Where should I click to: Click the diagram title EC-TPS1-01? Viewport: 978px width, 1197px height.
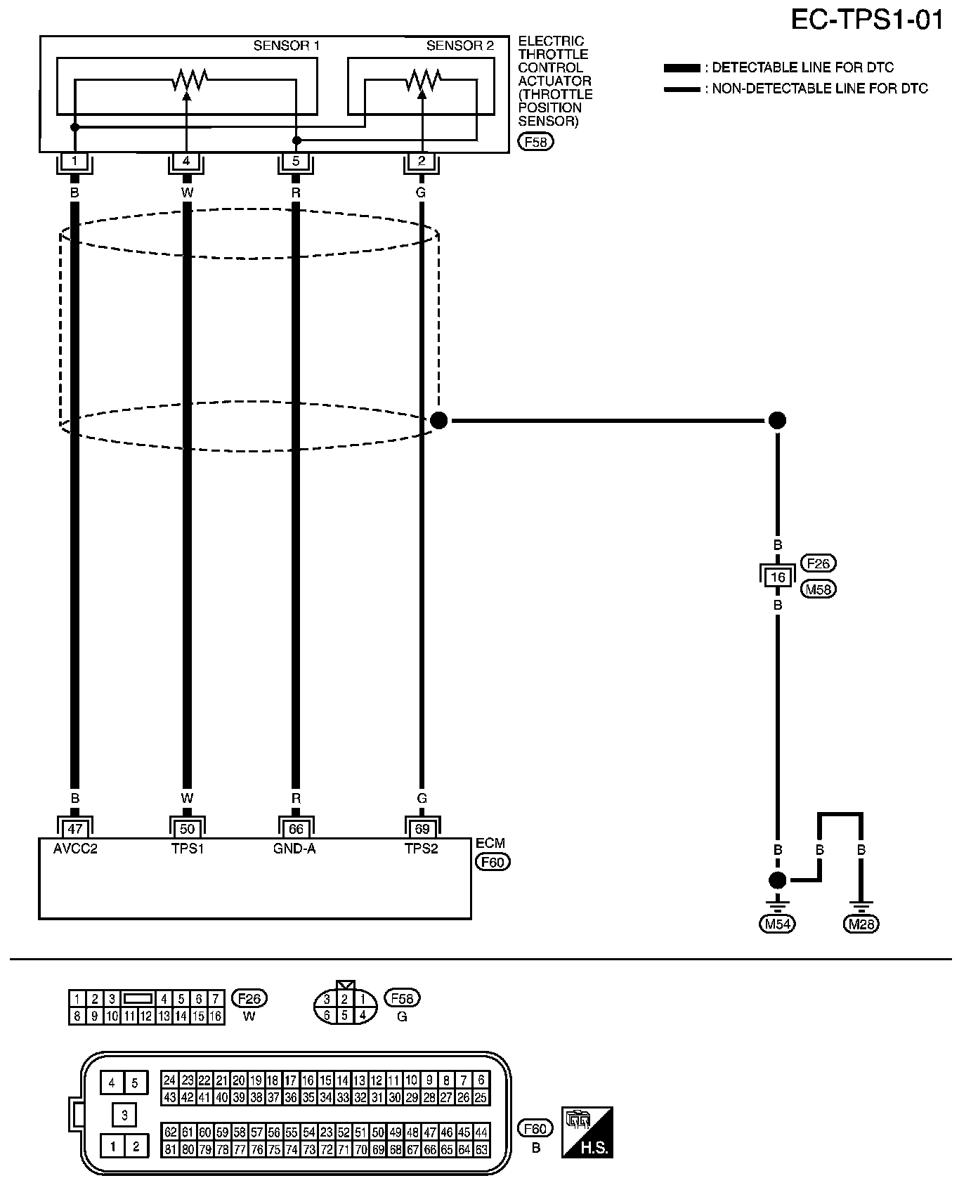867,20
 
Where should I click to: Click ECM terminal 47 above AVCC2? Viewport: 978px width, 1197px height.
75,829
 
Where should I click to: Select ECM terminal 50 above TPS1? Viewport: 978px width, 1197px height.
187,829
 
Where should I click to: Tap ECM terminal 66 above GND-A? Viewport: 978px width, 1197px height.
296,829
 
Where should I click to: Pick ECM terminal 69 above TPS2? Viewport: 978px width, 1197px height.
422,829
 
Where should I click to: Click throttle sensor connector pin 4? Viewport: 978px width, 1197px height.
186,161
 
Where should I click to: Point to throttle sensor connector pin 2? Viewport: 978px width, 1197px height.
422,161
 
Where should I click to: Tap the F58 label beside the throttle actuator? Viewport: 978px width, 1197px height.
535,142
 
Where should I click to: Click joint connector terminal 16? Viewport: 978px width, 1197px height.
777,577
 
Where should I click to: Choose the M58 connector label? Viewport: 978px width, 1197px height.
819,589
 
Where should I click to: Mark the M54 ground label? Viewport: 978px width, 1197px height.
777,924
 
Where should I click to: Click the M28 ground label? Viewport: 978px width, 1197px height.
861,924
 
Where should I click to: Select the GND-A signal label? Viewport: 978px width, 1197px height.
294,849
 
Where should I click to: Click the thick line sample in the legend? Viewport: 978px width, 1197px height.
682,68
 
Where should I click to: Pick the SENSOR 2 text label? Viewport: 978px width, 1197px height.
459,46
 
